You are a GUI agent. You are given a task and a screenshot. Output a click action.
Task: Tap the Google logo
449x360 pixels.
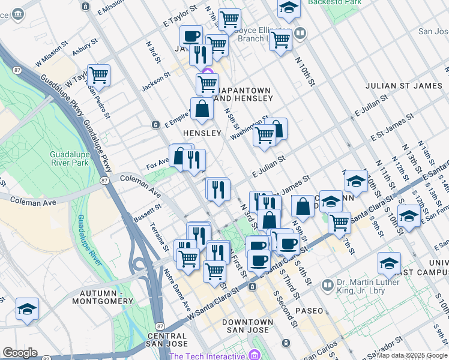coord(20,353)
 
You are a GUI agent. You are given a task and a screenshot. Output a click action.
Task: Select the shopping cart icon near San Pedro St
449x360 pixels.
coord(98,76)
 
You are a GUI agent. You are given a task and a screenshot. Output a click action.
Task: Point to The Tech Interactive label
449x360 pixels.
coord(208,356)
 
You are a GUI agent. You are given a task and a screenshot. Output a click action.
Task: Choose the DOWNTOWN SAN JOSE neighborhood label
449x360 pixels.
coord(240,326)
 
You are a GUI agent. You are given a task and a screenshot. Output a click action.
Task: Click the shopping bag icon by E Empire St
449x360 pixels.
coord(203,109)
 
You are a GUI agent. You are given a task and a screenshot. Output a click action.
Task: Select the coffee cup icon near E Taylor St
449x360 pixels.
coord(191,36)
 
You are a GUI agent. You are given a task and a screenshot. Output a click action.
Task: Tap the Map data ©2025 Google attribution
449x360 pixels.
coord(412,355)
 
